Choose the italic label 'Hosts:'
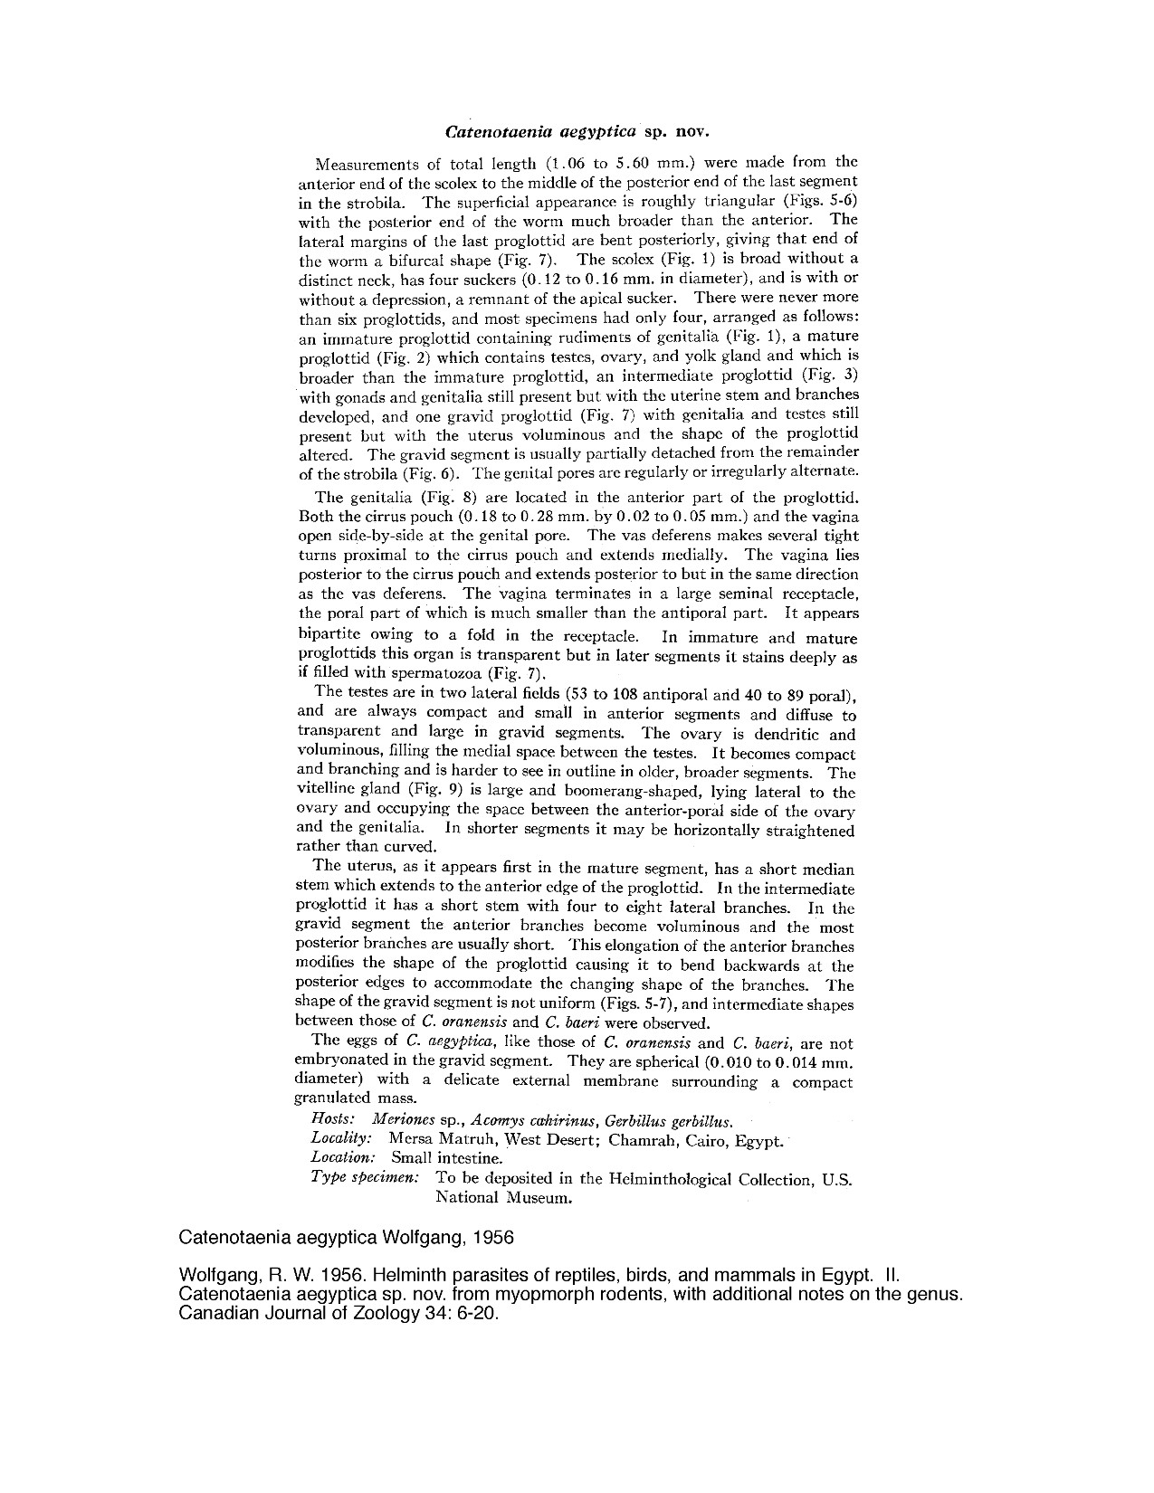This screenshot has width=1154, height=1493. (x=331, y=1119)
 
